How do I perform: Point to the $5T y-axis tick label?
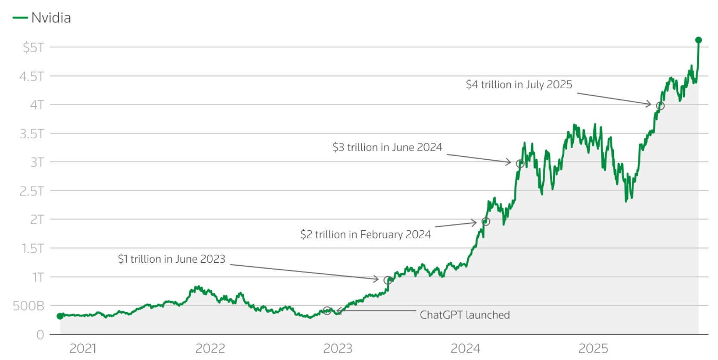[33, 47]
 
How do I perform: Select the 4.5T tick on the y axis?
[31, 76]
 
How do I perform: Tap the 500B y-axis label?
[28, 306]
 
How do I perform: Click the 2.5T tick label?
[31, 191]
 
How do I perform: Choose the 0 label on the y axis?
[40, 335]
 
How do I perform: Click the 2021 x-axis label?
[83, 348]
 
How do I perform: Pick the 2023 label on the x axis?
[338, 348]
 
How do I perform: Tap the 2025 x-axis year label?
[593, 348]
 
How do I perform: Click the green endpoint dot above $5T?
[699, 40]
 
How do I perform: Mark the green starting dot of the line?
[60, 316]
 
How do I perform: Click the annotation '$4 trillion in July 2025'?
[519, 84]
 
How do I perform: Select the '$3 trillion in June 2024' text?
[387, 147]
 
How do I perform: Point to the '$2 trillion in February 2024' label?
[365, 235]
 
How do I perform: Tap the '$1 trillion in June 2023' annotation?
[171, 259]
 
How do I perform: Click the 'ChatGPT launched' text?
[464, 315]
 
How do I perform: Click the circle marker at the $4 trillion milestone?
[660, 106]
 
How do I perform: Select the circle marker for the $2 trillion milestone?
[486, 221]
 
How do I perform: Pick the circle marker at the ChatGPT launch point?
[327, 310]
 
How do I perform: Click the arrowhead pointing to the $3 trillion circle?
[509, 162]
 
